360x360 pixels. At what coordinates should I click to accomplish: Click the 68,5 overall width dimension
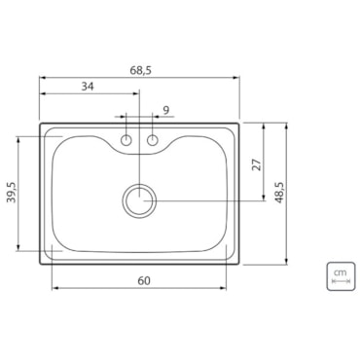pyautogui.click(x=141, y=70)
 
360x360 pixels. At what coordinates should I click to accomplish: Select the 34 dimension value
pyautogui.click(x=88, y=87)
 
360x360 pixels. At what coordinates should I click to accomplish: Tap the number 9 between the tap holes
pyautogui.click(x=165, y=110)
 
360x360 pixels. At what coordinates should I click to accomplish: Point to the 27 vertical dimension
pyautogui.click(x=257, y=164)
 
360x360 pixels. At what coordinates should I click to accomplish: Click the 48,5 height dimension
pyautogui.click(x=279, y=193)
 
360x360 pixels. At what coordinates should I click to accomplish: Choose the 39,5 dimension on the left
pyautogui.click(x=12, y=192)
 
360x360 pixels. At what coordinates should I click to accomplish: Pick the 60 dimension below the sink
pyautogui.click(x=144, y=280)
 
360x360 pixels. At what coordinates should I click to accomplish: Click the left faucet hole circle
pyautogui.click(x=126, y=140)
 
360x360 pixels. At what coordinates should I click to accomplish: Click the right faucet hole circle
pyautogui.click(x=152, y=140)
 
